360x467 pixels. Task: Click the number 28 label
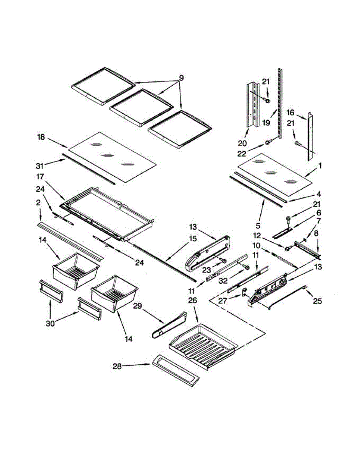click(117, 366)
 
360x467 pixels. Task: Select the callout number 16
click(290, 112)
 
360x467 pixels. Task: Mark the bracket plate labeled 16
click(310, 136)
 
